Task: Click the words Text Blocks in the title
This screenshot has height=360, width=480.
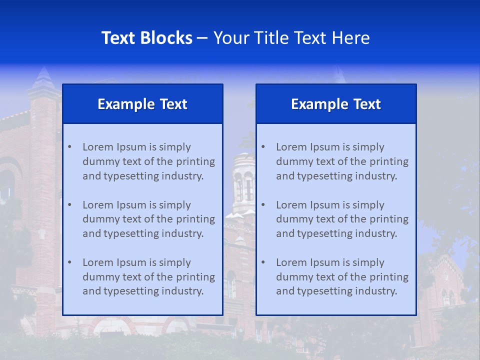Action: point(146,38)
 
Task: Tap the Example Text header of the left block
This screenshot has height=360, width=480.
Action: point(142,104)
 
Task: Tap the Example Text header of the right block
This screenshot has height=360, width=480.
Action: point(336,104)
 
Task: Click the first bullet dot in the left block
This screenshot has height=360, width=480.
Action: point(69,147)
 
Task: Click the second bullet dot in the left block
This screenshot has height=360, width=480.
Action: point(69,205)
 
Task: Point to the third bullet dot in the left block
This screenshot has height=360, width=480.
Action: point(69,262)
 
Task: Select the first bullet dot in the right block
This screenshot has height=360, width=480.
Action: point(263,147)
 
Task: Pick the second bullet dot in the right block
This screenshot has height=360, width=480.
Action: point(263,205)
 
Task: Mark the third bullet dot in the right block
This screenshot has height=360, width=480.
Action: point(263,262)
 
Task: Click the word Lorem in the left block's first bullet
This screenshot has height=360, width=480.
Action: point(98,147)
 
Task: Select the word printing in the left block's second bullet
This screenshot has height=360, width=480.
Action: point(195,219)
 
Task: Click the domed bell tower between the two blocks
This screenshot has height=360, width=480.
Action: point(243,180)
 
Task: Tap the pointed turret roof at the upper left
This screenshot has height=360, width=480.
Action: point(44,80)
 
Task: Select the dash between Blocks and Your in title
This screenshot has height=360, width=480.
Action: point(202,38)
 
